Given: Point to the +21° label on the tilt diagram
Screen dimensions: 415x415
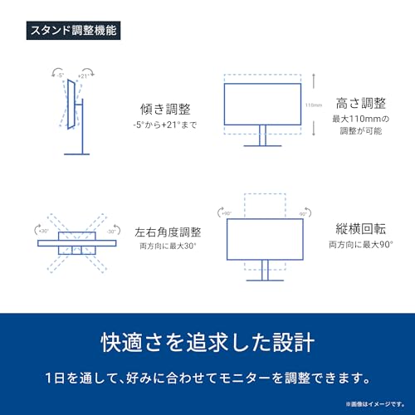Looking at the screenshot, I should coord(83,76).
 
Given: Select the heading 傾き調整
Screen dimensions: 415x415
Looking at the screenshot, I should coord(164,109).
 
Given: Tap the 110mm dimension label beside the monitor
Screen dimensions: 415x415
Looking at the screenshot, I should coord(312,105).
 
